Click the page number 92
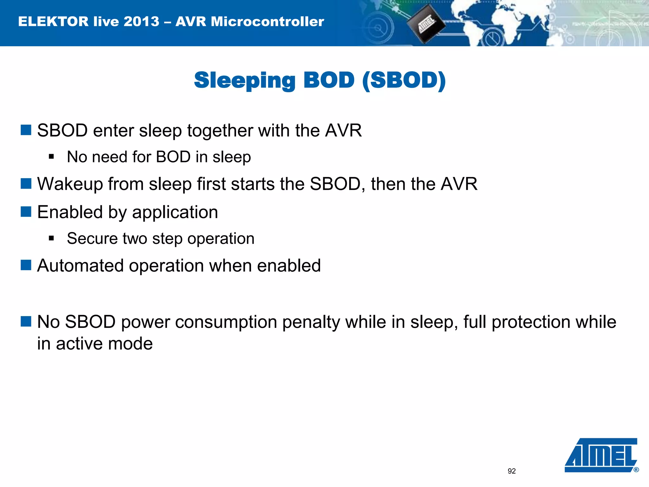point(511,471)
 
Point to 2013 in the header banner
point(141,22)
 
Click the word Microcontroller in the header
point(267,22)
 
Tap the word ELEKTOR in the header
point(53,22)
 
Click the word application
point(175,212)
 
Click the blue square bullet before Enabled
point(26,211)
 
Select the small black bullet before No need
point(51,157)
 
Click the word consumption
point(226,322)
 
